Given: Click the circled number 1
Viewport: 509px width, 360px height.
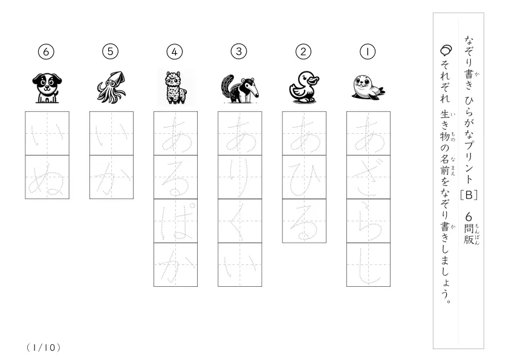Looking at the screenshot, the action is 368,51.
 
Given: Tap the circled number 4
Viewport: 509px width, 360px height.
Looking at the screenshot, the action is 175,51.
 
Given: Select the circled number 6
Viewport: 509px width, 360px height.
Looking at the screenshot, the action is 46,51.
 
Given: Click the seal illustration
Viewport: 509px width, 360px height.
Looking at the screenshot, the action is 368,87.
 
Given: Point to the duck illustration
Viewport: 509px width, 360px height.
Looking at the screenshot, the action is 304,87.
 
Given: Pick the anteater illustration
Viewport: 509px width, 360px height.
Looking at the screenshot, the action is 240,89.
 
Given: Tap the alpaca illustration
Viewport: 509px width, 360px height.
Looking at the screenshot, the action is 176,87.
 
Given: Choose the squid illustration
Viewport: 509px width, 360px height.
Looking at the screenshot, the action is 111,87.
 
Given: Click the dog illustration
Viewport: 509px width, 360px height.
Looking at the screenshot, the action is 47,88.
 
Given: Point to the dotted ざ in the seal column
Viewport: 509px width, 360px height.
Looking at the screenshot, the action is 368,178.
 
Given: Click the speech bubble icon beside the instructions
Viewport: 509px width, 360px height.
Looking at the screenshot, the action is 446,50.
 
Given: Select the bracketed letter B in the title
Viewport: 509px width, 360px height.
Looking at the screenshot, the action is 468,195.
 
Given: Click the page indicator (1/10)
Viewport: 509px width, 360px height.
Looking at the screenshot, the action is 44,348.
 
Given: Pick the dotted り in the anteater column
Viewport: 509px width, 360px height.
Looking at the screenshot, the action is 239,178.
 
